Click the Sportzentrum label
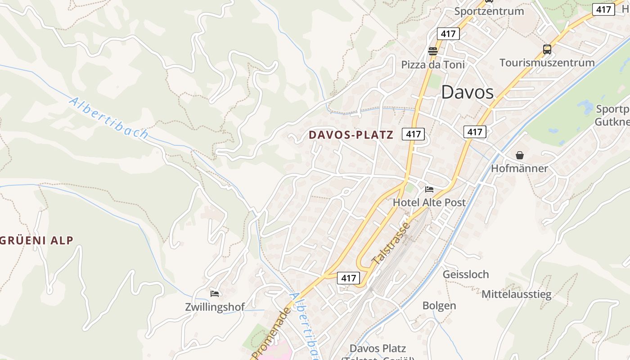click(489, 11)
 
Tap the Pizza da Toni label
click(433, 65)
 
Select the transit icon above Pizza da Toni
click(433, 51)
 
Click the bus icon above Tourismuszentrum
click(547, 49)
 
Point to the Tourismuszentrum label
click(547, 63)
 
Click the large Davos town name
click(467, 92)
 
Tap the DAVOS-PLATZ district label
click(351, 135)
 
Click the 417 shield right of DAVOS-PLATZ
click(413, 134)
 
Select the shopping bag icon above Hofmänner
click(520, 155)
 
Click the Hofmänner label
click(519, 168)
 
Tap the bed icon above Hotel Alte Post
click(429, 189)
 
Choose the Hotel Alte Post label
click(429, 202)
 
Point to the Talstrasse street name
click(391, 243)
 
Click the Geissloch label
click(466, 274)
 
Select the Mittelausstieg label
click(516, 294)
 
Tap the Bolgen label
click(439, 306)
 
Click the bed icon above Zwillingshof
click(215, 294)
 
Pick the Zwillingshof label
click(215, 307)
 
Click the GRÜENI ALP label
click(37, 240)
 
